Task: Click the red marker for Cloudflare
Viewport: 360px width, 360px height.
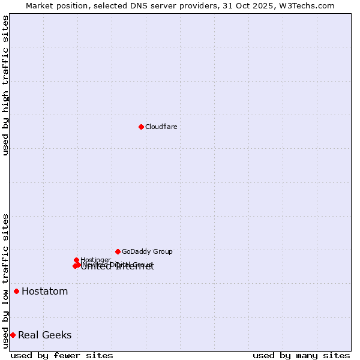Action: (141, 127)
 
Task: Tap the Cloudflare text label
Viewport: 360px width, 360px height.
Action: (161, 127)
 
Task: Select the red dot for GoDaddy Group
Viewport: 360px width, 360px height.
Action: (118, 251)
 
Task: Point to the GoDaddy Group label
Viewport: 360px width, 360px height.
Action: (147, 251)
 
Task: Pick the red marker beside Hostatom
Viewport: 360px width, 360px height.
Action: (16, 292)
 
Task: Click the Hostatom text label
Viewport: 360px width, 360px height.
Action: (44, 292)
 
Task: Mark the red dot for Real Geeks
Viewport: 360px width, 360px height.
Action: (13, 335)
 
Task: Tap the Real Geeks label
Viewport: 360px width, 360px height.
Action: (44, 335)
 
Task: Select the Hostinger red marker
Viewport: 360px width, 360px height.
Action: (76, 260)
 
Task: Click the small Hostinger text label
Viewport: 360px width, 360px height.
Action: (95, 260)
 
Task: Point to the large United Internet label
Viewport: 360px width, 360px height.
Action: (117, 266)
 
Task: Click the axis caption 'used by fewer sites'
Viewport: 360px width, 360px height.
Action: (62, 355)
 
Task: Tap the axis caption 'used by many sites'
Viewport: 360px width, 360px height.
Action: (301, 355)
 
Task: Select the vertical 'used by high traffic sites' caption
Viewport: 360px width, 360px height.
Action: (5, 85)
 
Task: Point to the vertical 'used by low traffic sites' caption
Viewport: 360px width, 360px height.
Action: (5, 280)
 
